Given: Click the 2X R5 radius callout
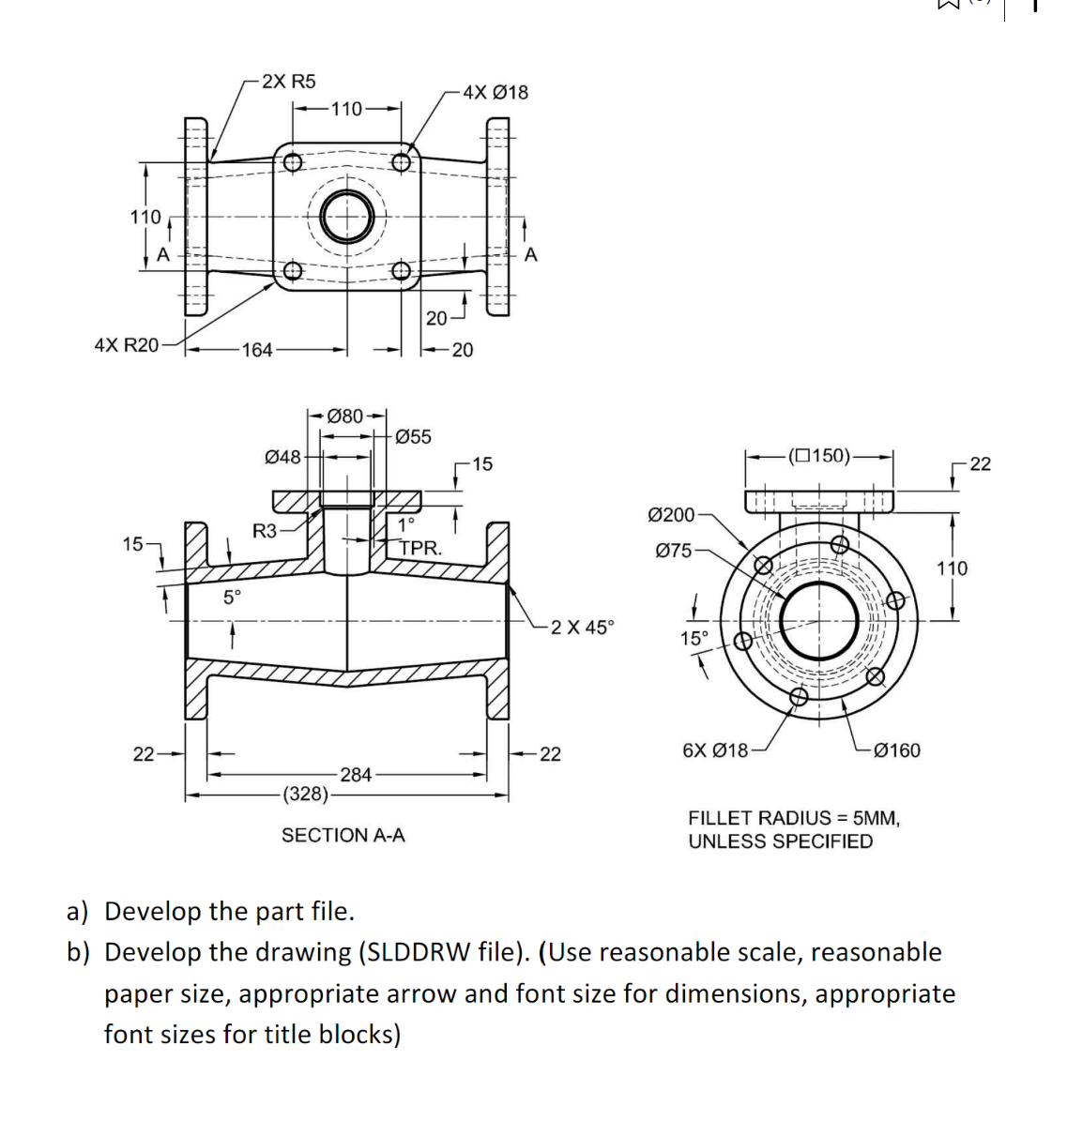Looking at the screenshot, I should (x=288, y=82).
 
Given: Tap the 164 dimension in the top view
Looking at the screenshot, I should (x=256, y=350).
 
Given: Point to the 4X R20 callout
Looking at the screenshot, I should (x=127, y=344).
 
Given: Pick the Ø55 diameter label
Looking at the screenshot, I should (x=413, y=436).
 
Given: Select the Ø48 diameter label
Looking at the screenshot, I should (x=283, y=457).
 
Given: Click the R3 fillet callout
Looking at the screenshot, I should (x=265, y=531).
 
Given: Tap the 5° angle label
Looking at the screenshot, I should (x=232, y=597).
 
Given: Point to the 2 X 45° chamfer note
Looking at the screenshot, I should (x=582, y=628).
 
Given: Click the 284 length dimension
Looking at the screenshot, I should (x=356, y=775).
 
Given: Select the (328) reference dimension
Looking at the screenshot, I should (x=306, y=794).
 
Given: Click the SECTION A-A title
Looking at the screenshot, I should (x=343, y=835).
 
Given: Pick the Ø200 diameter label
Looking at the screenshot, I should (x=672, y=514).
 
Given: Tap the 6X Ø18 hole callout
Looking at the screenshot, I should (x=715, y=750).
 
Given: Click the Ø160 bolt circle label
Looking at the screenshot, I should (x=896, y=750).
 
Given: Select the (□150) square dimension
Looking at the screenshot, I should (x=819, y=457).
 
